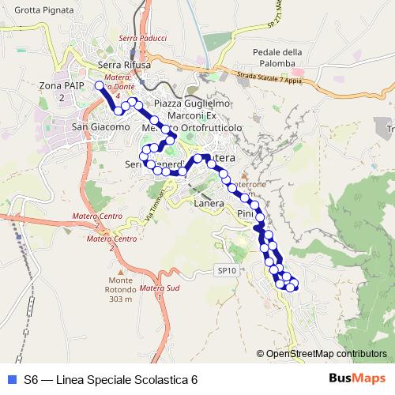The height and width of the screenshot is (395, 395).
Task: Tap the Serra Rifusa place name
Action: coord(125,65)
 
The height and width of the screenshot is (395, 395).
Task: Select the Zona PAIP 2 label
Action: coord(61,90)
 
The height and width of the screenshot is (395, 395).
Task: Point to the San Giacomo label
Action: coord(100,126)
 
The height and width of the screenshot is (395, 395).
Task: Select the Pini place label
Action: coord(245,214)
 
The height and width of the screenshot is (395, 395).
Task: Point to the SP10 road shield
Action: coord(227,270)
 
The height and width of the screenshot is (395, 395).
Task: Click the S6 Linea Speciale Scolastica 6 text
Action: coord(111,379)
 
